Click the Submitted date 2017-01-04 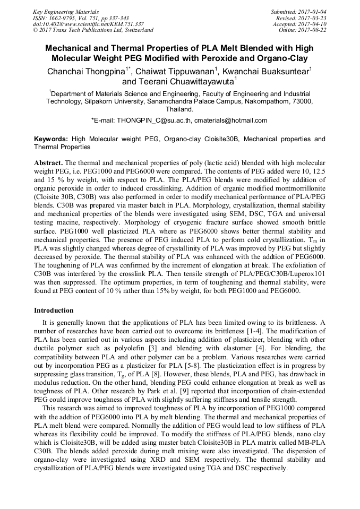point(312,12)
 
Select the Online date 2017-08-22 point(312,30)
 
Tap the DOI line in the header point(88,24)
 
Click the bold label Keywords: point(51,139)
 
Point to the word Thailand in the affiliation point(179,109)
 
